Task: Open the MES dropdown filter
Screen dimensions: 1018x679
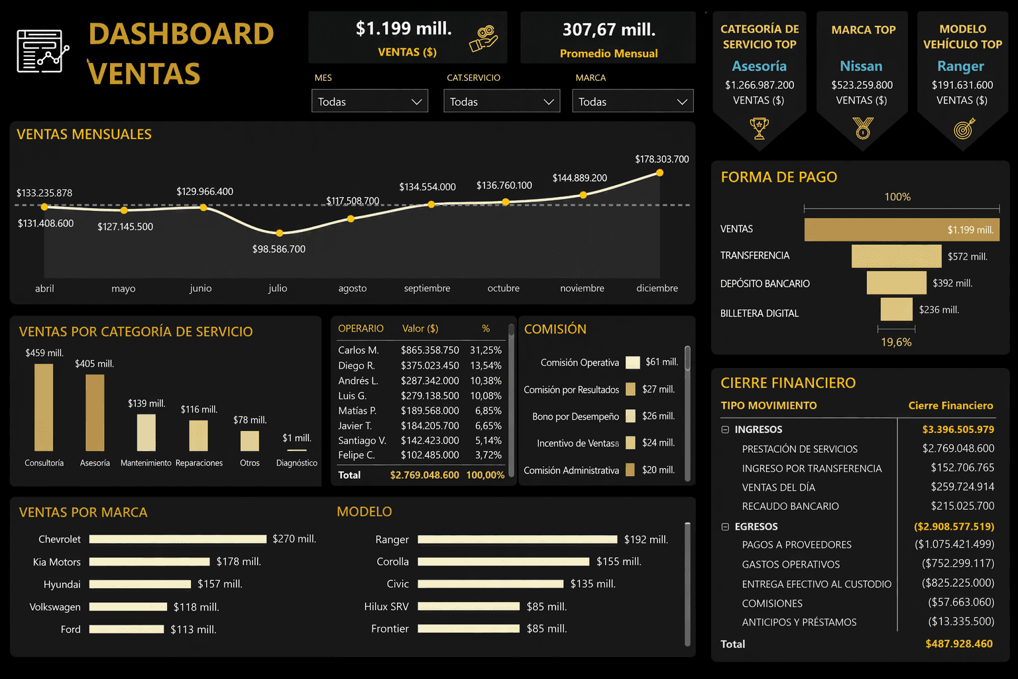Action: click(369, 101)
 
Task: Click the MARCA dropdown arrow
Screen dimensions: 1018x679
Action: click(682, 102)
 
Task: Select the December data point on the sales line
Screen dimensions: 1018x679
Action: click(659, 173)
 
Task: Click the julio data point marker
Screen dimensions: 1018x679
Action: click(280, 233)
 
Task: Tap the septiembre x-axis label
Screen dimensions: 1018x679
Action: click(427, 288)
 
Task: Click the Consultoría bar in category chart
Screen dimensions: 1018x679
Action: click(44, 408)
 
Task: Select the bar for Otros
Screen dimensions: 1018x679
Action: click(249, 441)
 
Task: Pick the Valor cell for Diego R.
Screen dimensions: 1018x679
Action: click(429, 365)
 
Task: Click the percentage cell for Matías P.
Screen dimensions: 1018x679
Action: click(488, 410)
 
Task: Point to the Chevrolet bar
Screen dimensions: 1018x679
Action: click(178, 539)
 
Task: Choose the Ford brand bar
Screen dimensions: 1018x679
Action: click(127, 629)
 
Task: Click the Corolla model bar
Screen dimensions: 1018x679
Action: click(504, 562)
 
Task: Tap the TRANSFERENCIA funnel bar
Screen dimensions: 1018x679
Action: click(896, 256)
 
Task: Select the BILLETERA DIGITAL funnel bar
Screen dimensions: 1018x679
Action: click(896, 309)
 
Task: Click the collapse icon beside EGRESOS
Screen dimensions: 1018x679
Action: click(725, 526)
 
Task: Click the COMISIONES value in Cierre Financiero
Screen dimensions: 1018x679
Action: click(961, 602)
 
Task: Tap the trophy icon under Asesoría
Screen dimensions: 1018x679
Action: click(759, 128)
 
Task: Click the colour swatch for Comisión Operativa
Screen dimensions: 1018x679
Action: click(633, 363)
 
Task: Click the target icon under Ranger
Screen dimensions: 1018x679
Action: click(964, 128)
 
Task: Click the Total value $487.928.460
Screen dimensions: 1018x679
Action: click(959, 644)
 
